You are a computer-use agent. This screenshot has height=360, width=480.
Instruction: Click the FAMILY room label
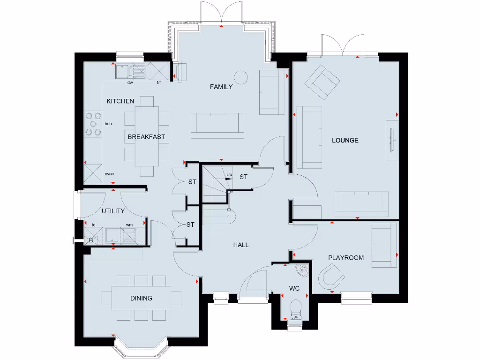click(x=221, y=87)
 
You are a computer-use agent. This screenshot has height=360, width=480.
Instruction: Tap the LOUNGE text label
click(x=345, y=140)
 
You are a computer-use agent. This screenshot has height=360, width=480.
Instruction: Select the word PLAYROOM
click(x=346, y=258)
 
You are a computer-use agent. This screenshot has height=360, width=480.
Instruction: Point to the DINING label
click(x=141, y=298)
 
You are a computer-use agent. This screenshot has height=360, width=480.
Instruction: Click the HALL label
click(x=241, y=245)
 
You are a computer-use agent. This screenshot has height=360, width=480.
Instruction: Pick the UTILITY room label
click(x=113, y=211)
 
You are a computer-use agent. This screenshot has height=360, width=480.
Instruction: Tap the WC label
click(x=294, y=288)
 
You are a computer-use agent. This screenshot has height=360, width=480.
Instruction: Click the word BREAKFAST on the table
click(x=146, y=137)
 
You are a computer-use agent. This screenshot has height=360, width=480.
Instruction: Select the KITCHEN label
click(x=120, y=101)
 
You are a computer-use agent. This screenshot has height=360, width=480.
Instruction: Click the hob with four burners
click(x=93, y=124)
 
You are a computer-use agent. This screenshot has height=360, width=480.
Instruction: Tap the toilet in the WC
click(x=295, y=309)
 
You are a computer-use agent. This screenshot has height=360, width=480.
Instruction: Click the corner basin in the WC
click(x=302, y=269)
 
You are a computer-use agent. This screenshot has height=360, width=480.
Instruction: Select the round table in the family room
click(x=240, y=77)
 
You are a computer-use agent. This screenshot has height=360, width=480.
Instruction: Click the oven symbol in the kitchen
click(x=93, y=172)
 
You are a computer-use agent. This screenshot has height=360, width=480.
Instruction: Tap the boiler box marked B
click(x=90, y=240)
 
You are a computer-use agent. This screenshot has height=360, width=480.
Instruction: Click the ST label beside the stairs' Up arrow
click(x=243, y=177)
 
